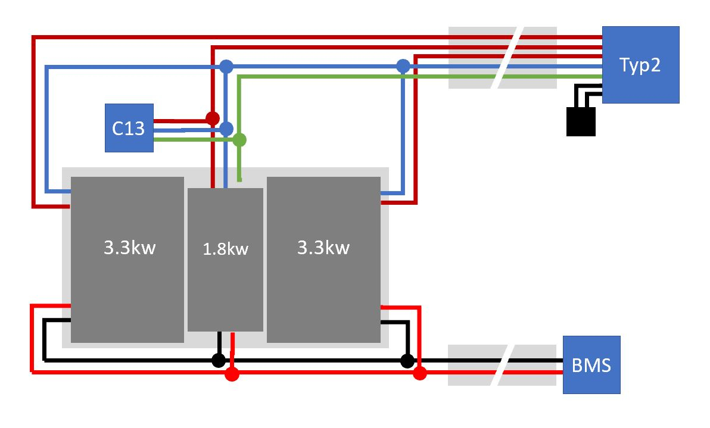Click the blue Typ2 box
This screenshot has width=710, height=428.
(640, 65)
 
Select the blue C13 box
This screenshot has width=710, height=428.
(129, 128)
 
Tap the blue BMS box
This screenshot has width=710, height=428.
(591, 364)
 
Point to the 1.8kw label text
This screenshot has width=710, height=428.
(225, 249)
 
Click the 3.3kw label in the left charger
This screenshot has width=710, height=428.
(129, 247)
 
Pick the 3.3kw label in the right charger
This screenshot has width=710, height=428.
(323, 247)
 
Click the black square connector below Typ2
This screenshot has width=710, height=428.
(580, 121)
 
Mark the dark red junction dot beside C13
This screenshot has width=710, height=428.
(212, 117)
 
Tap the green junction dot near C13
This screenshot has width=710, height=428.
(239, 140)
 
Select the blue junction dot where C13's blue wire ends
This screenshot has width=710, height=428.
(226, 128)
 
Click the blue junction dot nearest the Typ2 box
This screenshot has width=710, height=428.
(403, 65)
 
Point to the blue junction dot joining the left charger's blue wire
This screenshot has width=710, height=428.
(226, 65)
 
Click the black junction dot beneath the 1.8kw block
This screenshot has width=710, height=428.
(219, 360)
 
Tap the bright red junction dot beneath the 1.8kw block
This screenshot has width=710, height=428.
(232, 374)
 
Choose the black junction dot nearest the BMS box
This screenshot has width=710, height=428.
(407, 360)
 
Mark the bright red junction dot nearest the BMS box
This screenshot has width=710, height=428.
(420, 374)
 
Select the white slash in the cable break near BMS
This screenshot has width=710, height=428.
(502, 364)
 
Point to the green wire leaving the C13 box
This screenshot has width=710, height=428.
(191, 139)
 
